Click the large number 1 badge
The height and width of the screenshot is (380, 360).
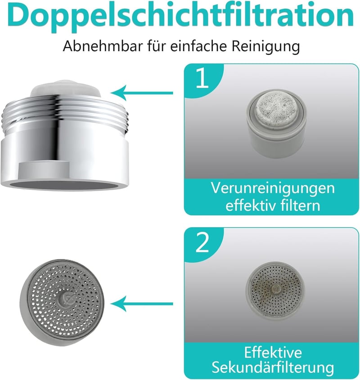pos(202,78)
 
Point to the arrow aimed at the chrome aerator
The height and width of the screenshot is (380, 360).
pos(142,93)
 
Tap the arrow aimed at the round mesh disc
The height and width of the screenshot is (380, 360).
pos(142,304)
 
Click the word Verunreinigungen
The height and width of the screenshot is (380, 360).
pos(273,188)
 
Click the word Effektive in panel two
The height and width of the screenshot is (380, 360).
pos(273,352)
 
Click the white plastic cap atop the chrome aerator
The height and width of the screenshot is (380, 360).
pos(66,89)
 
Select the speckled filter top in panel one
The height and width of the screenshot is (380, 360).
pos(277,109)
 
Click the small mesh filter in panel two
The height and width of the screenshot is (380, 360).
pos(275,291)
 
